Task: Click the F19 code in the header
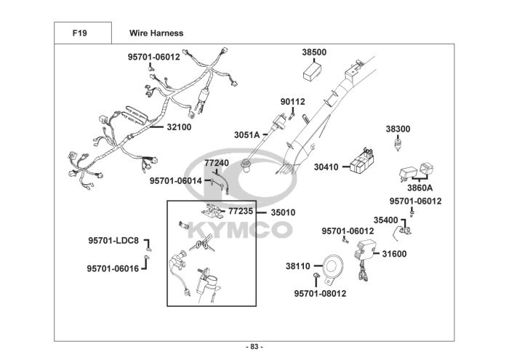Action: (81, 33)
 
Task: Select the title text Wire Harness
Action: (156, 33)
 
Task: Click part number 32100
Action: (179, 127)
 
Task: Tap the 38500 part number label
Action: (314, 52)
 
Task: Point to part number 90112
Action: (293, 102)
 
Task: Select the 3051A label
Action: (247, 135)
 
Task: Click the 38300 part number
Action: (398, 129)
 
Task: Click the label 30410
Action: (326, 167)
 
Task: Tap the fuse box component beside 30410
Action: (361, 161)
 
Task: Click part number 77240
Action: (217, 163)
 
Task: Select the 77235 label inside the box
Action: (241, 212)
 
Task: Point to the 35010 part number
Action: (283, 213)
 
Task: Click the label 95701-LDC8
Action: (113, 241)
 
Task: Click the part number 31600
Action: (394, 254)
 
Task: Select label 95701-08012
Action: (320, 294)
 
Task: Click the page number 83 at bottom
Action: (254, 346)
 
